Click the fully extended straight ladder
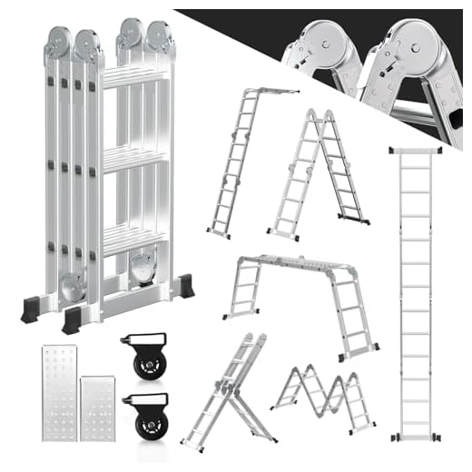(x=415, y=290)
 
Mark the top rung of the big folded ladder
(x=134, y=78)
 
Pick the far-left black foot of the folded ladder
(x=36, y=309)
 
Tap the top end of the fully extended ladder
(x=415, y=150)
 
